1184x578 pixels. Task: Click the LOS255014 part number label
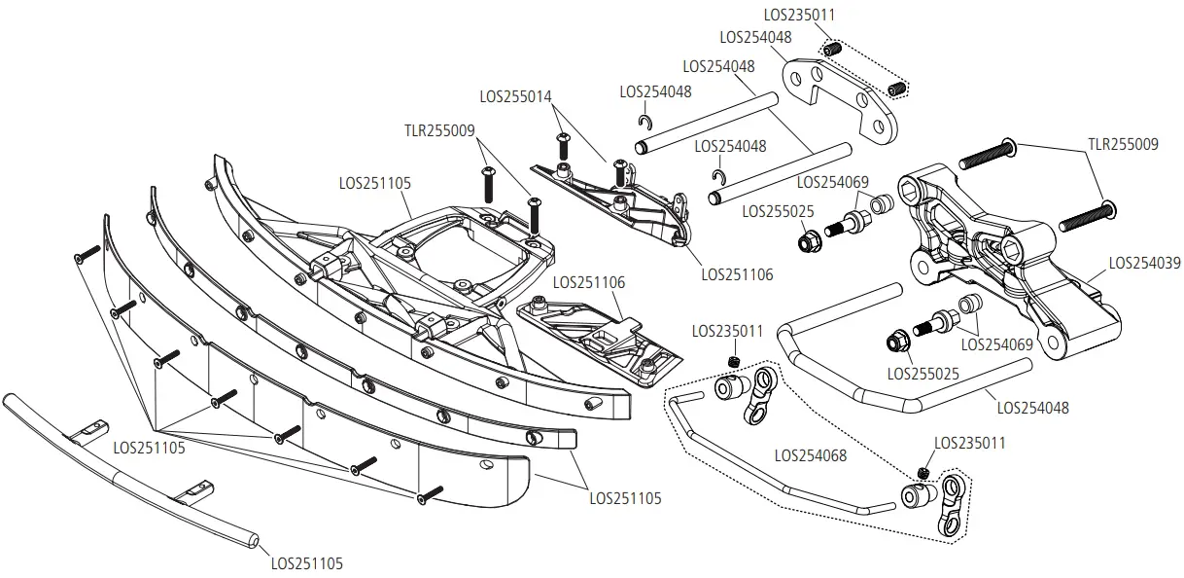[515, 97]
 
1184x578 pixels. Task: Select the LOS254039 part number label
[1144, 263]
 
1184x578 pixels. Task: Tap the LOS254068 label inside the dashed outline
[811, 454]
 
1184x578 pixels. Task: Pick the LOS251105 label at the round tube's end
[306, 563]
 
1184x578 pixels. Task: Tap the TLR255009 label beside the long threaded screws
[1122, 145]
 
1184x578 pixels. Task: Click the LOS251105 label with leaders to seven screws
[150, 448]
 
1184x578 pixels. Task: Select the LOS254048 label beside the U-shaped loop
[1032, 408]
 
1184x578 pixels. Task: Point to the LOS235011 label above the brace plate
[799, 16]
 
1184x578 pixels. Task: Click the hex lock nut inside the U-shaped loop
[896, 343]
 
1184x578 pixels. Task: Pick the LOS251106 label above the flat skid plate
[589, 283]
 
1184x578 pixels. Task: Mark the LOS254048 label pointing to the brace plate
[755, 37]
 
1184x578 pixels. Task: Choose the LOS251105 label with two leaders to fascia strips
[625, 498]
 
